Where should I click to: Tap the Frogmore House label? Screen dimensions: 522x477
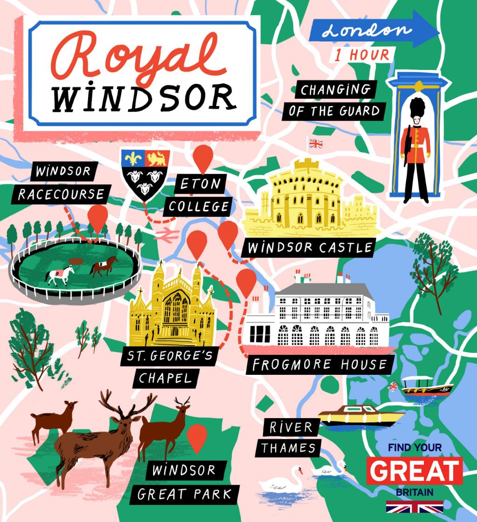tap(320, 365)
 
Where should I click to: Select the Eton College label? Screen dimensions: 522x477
tap(199, 195)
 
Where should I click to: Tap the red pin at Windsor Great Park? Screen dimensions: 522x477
tap(197, 436)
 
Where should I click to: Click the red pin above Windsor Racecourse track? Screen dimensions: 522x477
tap(98, 217)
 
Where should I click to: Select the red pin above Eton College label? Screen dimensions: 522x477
tap(203, 157)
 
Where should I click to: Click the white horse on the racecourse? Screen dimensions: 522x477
tap(60, 274)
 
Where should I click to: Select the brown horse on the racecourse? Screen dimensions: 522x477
tap(104, 267)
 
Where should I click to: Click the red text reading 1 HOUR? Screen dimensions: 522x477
tap(362, 54)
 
